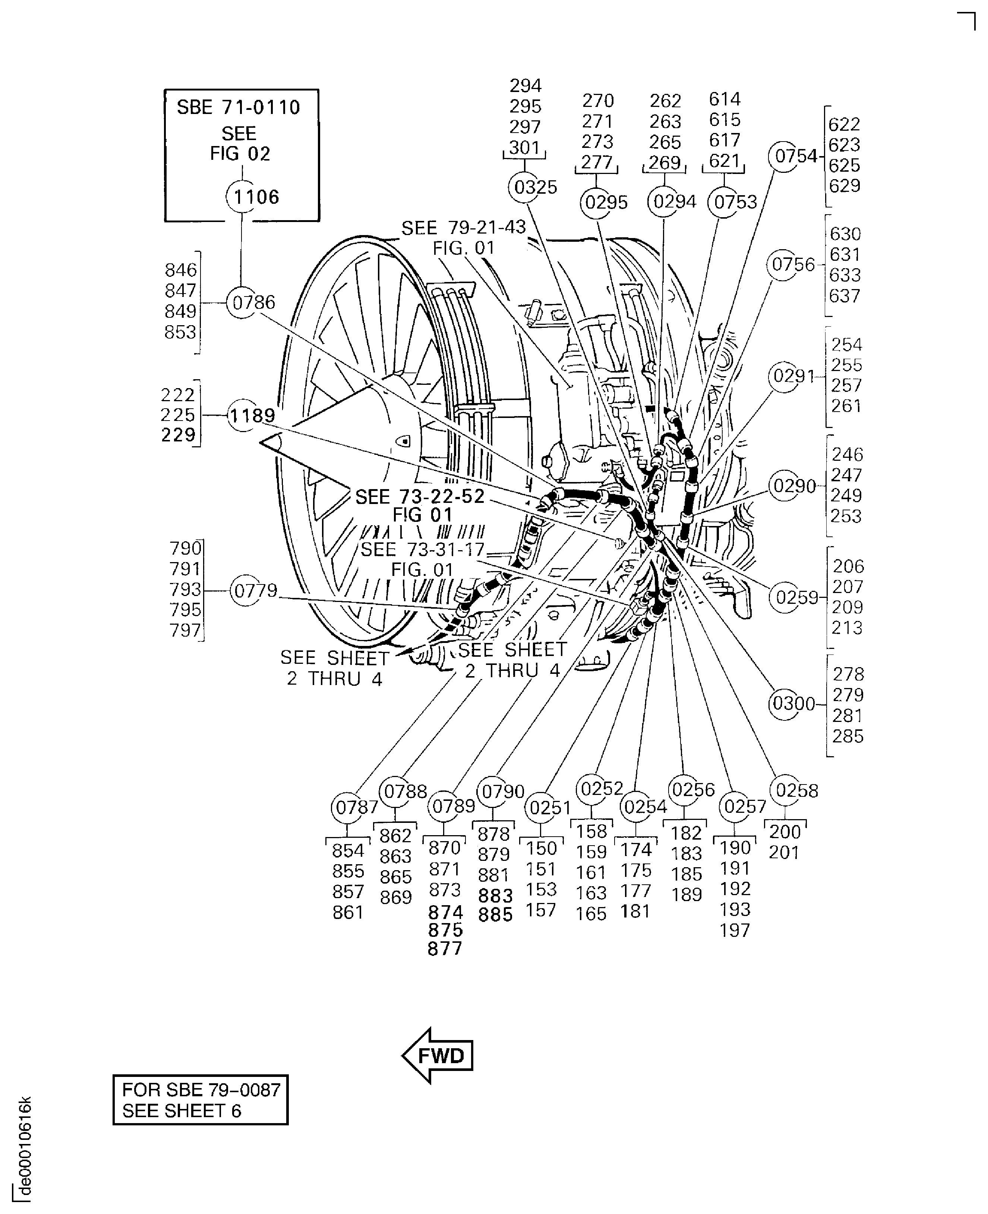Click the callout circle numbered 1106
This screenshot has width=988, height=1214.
243,197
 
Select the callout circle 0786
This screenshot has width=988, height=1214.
243,302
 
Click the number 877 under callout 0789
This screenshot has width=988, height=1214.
445,949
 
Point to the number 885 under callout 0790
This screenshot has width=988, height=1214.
495,915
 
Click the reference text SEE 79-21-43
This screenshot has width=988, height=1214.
463,228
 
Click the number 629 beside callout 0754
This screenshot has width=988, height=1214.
844,186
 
